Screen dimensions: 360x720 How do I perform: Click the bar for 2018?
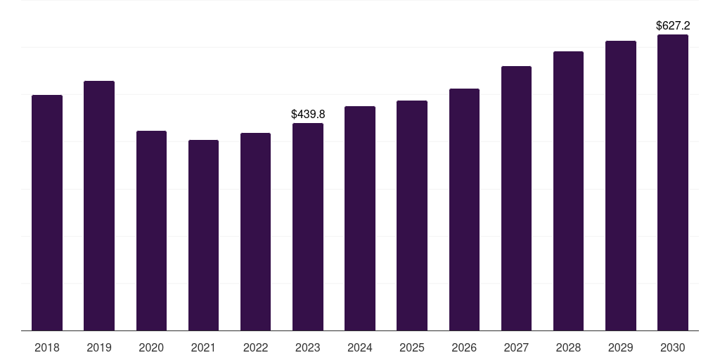point(47,212)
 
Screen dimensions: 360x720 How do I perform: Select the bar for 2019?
point(99,205)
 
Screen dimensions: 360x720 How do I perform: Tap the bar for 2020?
point(151,231)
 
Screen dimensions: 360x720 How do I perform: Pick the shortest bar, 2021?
point(203,235)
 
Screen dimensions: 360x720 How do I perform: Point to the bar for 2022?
point(255,231)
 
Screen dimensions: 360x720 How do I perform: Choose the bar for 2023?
point(308,226)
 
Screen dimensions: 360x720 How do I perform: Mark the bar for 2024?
point(360,218)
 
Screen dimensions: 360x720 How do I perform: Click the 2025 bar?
point(412,215)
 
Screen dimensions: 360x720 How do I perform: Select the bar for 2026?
point(464,210)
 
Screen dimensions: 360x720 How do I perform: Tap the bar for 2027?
point(516,198)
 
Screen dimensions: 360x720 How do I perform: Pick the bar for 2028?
point(568,191)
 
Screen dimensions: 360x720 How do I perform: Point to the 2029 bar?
point(621,186)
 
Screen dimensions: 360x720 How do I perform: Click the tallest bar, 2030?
point(673,182)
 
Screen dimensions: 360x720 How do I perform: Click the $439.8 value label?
point(308,114)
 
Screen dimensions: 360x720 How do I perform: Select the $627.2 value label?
point(673,26)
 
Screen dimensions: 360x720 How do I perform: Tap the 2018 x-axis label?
point(47,347)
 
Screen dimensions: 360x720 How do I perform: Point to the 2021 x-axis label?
point(203,347)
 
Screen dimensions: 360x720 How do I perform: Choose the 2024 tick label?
point(360,347)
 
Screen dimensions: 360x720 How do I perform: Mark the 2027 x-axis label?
point(516,347)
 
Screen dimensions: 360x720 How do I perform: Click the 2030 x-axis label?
point(673,347)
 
